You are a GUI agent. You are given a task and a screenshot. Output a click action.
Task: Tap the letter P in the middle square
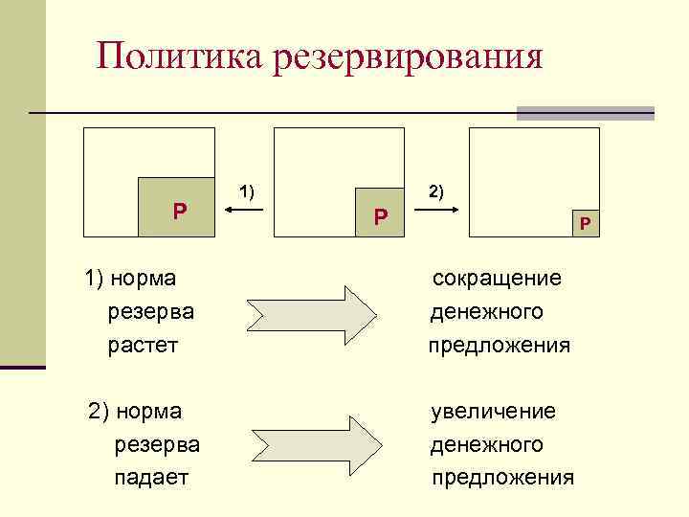(381, 217)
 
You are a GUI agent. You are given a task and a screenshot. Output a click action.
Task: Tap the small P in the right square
(585, 224)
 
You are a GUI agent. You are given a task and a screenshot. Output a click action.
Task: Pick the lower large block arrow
(314, 445)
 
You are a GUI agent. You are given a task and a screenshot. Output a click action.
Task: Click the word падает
(151, 476)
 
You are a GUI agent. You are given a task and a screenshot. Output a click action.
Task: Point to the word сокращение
(497, 278)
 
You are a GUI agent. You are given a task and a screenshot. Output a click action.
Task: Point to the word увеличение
(493, 411)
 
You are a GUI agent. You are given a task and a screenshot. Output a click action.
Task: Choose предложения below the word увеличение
(502, 477)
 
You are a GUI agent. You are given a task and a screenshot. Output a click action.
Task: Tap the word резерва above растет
(150, 311)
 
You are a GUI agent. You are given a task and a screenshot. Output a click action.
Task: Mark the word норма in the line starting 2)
(146, 411)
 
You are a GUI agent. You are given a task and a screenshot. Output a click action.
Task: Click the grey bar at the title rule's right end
(585, 113)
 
